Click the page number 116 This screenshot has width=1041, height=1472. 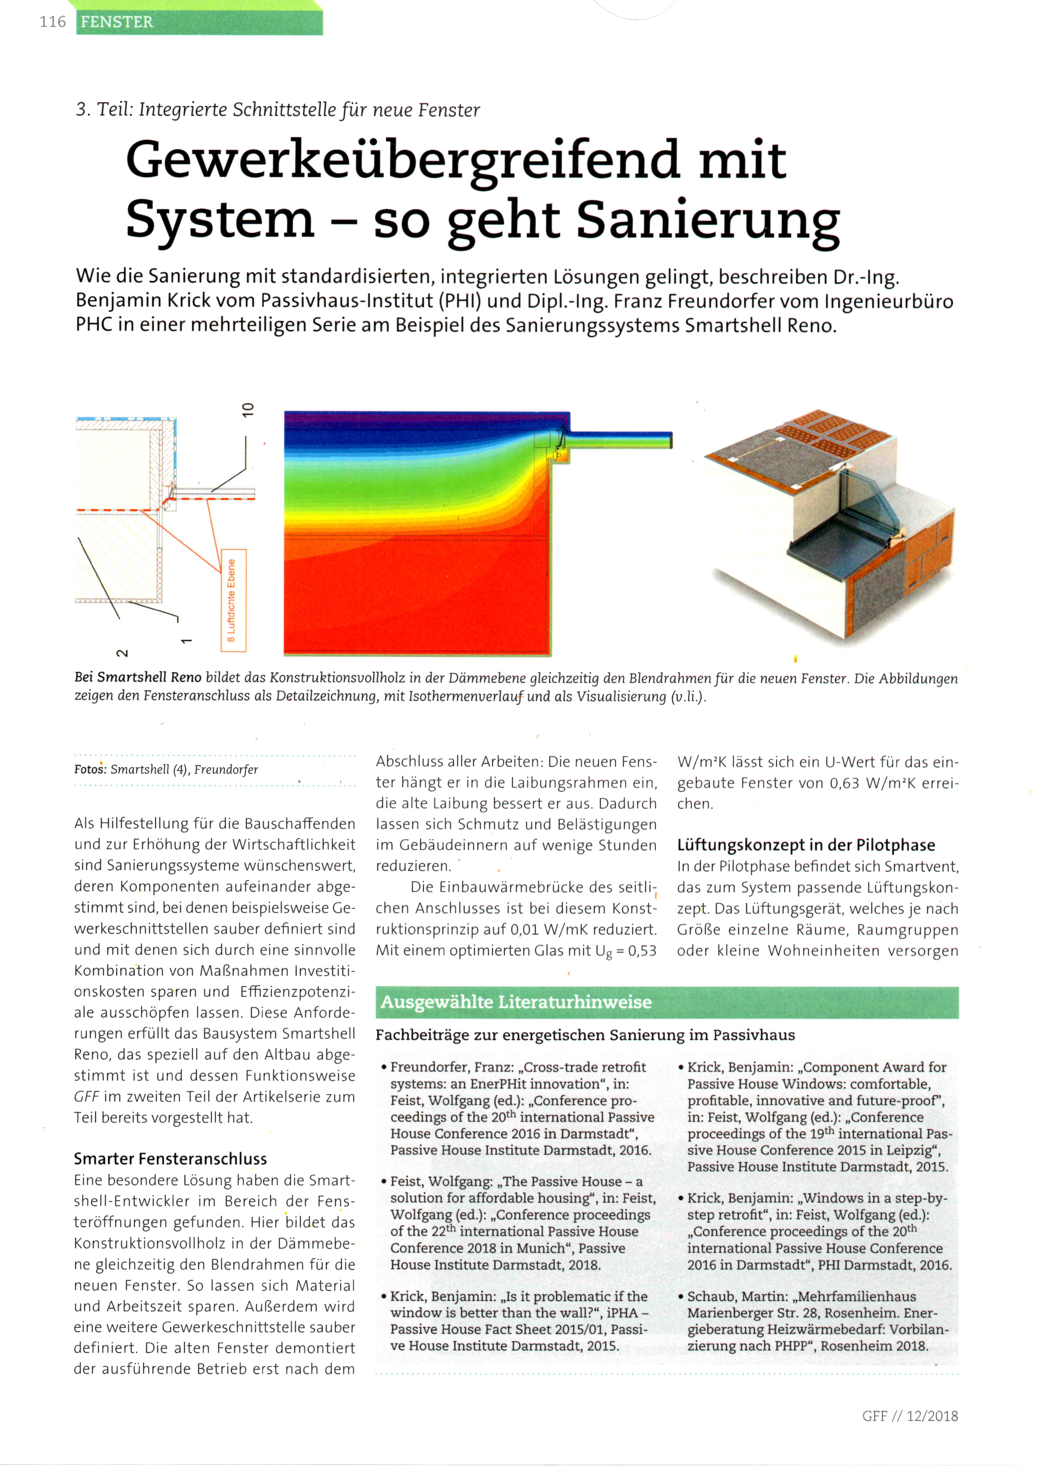(x=53, y=22)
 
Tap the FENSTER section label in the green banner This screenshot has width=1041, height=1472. (x=117, y=22)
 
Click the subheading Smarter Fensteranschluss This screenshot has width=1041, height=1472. (x=170, y=1158)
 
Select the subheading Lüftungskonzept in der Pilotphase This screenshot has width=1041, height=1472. (x=806, y=845)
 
